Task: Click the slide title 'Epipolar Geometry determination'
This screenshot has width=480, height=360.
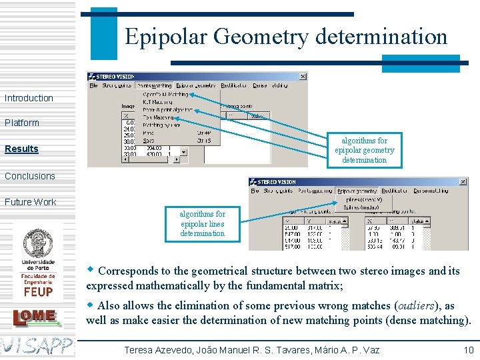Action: [286, 36]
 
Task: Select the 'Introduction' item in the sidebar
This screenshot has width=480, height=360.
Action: [29, 98]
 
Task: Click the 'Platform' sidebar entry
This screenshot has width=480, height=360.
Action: [22, 123]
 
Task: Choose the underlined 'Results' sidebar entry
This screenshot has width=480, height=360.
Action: [21, 149]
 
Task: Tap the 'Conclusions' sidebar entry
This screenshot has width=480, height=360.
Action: [30, 176]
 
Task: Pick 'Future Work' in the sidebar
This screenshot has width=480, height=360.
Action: [31, 202]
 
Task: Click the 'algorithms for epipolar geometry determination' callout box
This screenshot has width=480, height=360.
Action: [364, 150]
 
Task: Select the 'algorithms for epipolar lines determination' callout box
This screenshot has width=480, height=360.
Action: [202, 223]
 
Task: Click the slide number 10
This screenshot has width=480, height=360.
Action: [468, 350]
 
